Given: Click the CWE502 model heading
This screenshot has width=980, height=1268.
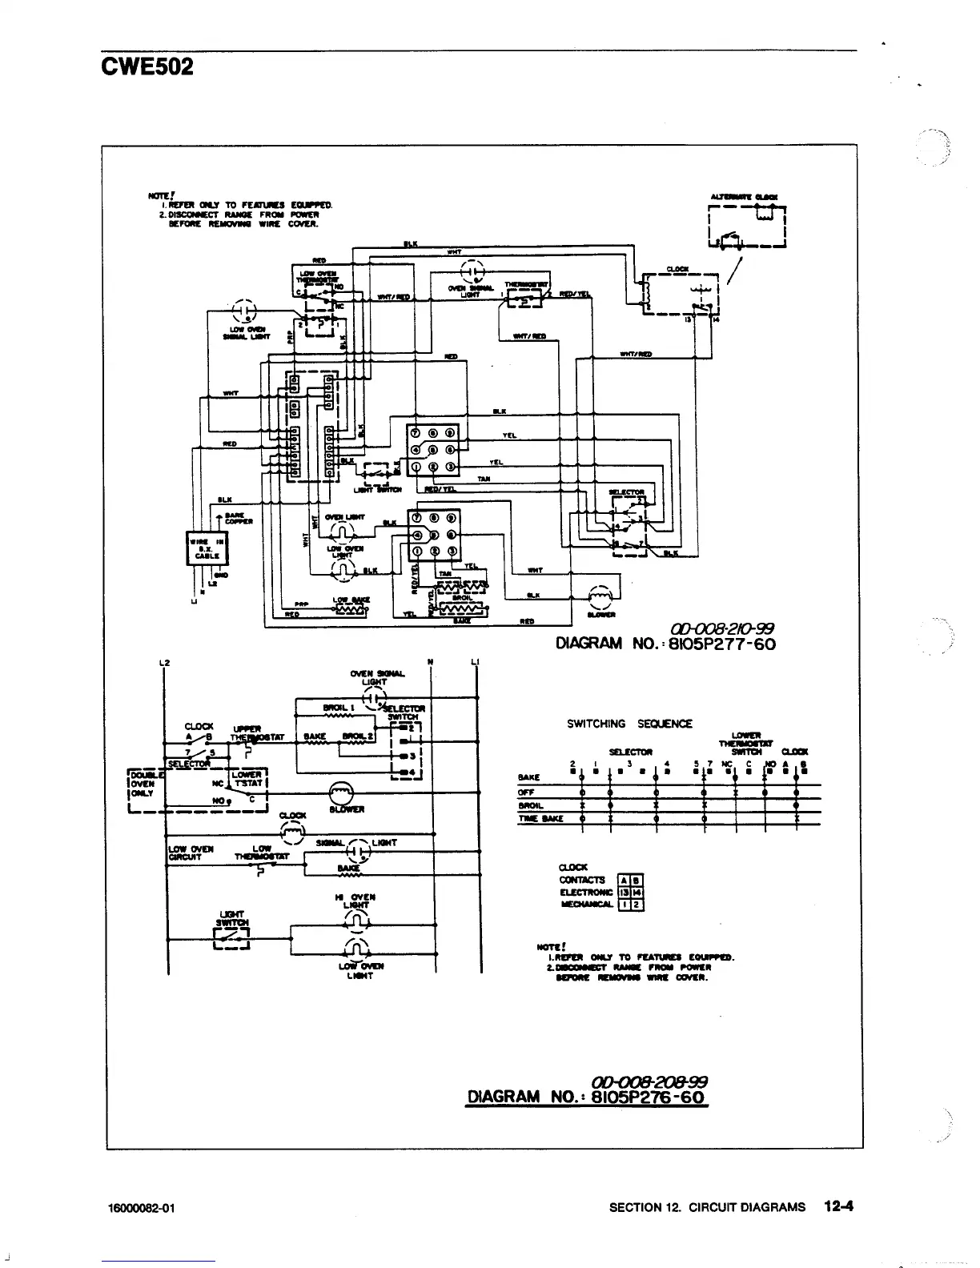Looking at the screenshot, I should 147,66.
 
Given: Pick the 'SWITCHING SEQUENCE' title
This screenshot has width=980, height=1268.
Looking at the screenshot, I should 629,724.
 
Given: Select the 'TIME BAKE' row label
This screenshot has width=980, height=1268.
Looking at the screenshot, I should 540,819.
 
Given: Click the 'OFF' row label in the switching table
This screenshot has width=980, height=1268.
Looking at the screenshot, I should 526,792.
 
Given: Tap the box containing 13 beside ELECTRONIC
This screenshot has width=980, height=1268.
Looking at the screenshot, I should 625,892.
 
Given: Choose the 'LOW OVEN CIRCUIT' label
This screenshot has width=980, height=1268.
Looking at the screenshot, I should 189,853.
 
